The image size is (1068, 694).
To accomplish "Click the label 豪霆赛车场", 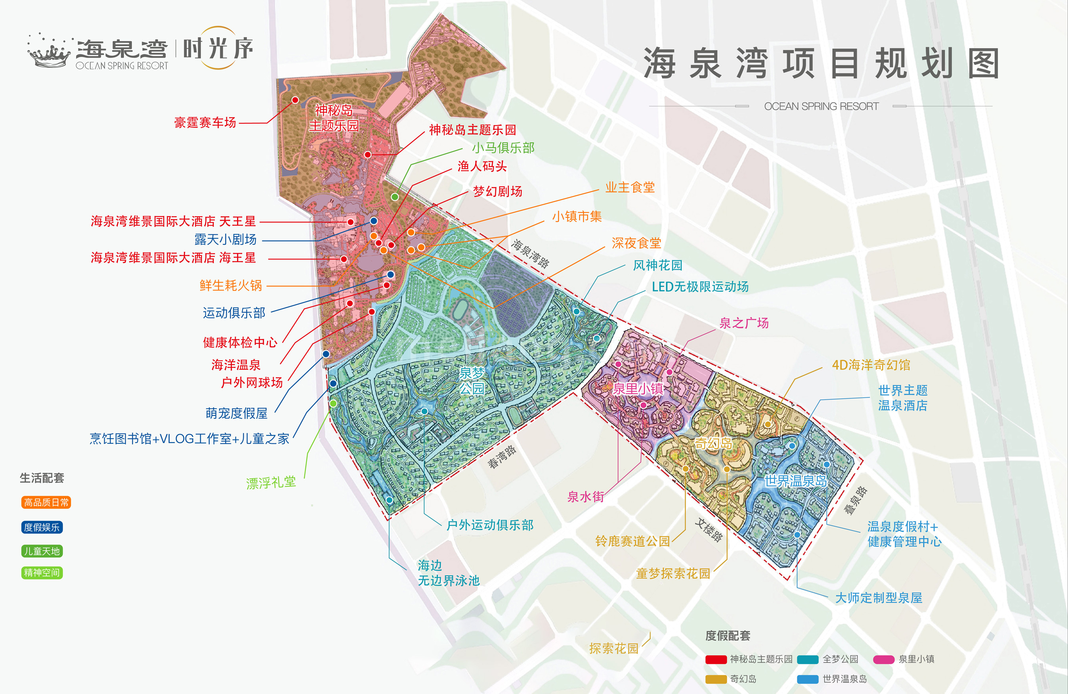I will pyautogui.click(x=204, y=122).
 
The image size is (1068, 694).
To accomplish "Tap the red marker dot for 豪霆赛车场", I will pyautogui.click(x=295, y=100).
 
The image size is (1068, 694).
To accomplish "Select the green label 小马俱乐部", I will pyautogui.click(x=502, y=148).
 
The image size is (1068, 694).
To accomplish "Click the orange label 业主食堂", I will pyautogui.click(x=630, y=187).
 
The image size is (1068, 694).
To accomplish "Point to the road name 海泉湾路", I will pyautogui.click(x=530, y=254).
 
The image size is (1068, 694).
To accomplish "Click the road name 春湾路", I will pyautogui.click(x=502, y=457).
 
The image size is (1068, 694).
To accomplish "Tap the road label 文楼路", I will pyautogui.click(x=709, y=530).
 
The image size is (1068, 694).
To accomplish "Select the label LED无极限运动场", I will pyautogui.click(x=700, y=287).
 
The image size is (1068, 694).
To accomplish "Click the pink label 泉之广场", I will pyautogui.click(x=743, y=323).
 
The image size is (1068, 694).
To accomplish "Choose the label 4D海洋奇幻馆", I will pyautogui.click(x=871, y=365).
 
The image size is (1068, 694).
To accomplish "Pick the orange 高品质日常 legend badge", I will pyautogui.click(x=46, y=502).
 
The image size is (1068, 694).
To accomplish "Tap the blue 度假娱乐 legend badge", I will pyautogui.click(x=42, y=527).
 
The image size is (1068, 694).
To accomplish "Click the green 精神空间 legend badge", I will pyautogui.click(x=42, y=573).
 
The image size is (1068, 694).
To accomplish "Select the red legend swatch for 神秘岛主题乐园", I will pyautogui.click(x=716, y=659).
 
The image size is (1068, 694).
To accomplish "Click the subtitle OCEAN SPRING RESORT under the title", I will pyautogui.click(x=821, y=106).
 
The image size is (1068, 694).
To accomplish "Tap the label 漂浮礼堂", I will pyautogui.click(x=271, y=483).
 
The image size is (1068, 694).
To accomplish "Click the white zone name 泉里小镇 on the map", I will pyautogui.click(x=638, y=389).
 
